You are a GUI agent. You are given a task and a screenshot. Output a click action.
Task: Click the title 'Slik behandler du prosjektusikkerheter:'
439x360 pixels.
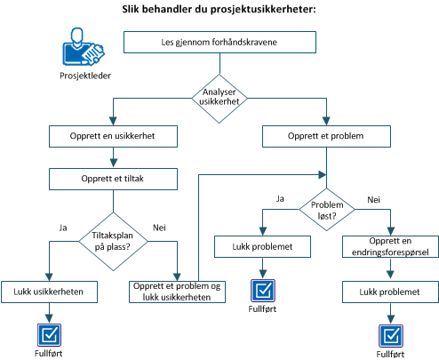219,10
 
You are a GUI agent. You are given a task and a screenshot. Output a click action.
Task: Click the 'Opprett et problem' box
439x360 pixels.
325,136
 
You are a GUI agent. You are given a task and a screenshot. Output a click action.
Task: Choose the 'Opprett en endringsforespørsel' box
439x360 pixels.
388,247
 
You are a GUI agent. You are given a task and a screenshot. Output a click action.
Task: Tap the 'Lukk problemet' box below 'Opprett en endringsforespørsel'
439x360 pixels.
388,291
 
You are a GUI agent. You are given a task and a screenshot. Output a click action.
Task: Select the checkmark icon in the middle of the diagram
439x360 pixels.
262,289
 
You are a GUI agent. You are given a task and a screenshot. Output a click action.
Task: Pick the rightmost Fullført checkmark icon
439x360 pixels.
388,334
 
